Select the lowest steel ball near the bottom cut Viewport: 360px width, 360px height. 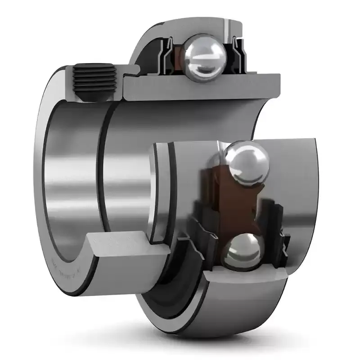coord(244,252)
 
